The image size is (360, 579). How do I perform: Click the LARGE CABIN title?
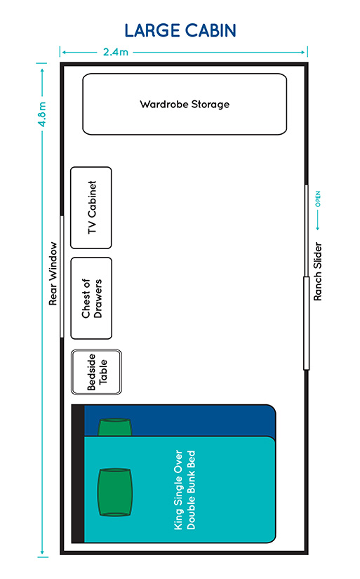(x=180, y=31)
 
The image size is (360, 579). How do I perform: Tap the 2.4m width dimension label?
(x=116, y=52)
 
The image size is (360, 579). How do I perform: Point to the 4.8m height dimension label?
(x=43, y=114)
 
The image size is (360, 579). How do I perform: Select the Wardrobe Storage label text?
(x=185, y=105)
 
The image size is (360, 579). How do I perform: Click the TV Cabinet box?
(x=91, y=208)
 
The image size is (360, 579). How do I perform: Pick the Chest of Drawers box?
(x=91, y=298)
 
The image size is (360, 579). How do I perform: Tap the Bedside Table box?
(x=96, y=372)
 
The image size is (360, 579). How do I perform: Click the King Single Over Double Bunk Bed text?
(x=185, y=490)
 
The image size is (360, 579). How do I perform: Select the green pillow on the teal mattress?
(x=115, y=492)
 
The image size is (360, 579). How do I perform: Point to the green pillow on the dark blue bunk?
(x=115, y=427)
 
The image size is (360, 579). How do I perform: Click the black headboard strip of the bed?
(x=78, y=474)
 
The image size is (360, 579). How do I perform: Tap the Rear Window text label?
(x=53, y=274)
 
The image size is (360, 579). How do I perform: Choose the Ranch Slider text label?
(x=317, y=272)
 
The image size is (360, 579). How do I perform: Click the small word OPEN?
(x=317, y=199)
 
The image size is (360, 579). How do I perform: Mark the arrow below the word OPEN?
(x=317, y=220)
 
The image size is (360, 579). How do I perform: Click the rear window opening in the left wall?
(x=62, y=277)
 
